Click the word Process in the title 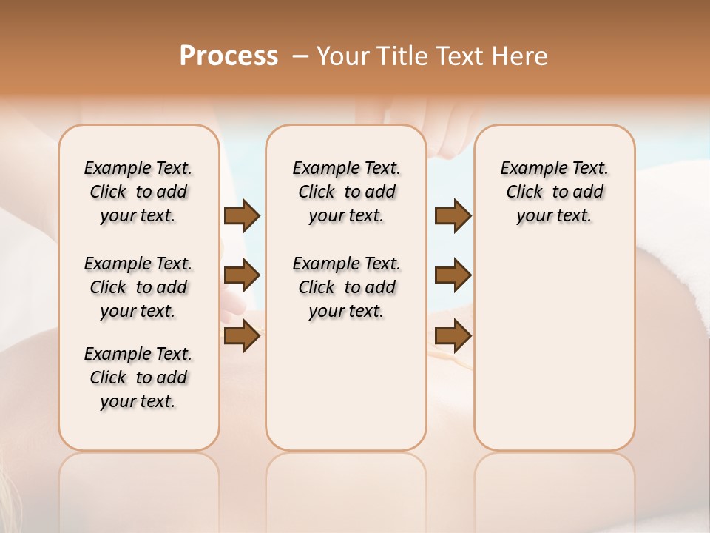(229, 56)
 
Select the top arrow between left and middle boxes (242, 216)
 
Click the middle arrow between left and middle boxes (242, 276)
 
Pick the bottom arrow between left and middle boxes (242, 336)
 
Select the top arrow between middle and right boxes (453, 216)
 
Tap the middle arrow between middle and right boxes (453, 276)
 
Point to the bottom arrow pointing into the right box (453, 336)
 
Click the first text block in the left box (138, 192)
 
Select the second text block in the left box (138, 287)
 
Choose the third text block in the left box (138, 378)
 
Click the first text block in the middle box (346, 192)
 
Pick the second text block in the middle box (346, 287)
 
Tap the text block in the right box (554, 192)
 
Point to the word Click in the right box (524, 192)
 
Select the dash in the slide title (300, 56)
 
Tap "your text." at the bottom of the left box (138, 401)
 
